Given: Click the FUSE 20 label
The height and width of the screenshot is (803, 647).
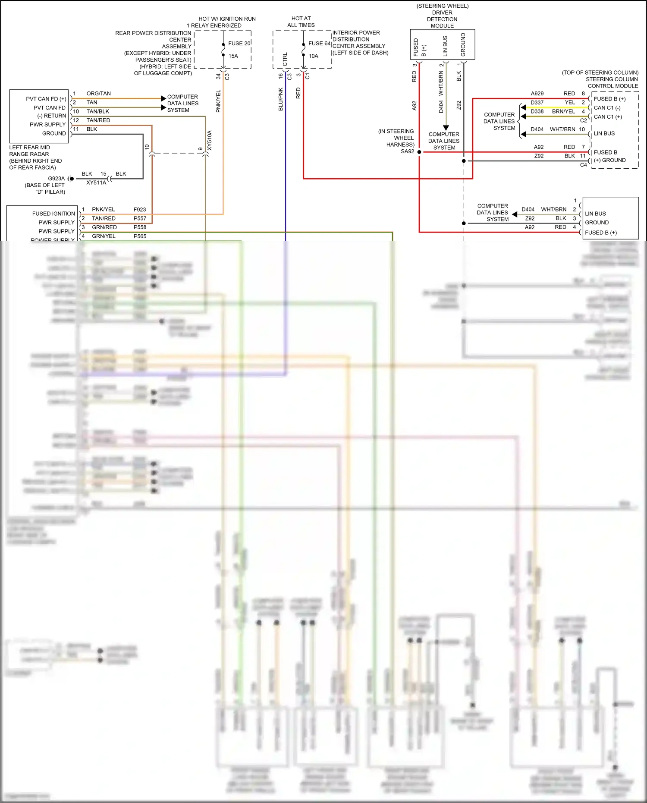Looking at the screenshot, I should click(239, 44).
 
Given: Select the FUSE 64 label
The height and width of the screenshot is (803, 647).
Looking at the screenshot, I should click(319, 44).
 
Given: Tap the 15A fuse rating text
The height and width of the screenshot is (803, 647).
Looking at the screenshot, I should click(233, 56).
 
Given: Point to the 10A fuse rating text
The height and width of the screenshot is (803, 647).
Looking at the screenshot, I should click(313, 56).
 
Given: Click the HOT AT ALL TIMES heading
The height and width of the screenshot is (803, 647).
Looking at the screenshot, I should click(301, 22).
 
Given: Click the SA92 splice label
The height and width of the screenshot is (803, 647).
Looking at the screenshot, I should click(407, 151).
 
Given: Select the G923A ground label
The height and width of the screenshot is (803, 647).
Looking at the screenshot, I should click(56, 179).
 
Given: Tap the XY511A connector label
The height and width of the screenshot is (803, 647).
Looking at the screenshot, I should click(96, 183).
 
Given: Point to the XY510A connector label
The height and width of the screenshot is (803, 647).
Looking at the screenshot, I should click(210, 140).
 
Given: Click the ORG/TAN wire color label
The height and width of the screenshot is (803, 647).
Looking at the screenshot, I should click(98, 94).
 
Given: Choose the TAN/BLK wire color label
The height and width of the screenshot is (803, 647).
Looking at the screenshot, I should click(97, 111).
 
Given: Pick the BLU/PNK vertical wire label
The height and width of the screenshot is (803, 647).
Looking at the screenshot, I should click(281, 100).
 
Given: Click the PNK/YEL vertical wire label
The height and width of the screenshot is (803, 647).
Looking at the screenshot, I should click(218, 101).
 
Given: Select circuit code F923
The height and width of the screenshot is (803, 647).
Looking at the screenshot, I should click(140, 210).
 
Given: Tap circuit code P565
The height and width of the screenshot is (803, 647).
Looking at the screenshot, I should click(140, 236).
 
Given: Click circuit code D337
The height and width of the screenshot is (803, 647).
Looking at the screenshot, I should click(537, 103).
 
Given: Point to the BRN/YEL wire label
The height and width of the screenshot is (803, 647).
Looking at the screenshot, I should click(563, 111).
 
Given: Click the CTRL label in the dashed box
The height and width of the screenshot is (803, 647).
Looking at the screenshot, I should click(285, 60).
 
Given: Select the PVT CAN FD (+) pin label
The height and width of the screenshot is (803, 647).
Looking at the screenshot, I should click(46, 99).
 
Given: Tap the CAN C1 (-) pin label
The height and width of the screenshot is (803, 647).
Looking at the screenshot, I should click(607, 108).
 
